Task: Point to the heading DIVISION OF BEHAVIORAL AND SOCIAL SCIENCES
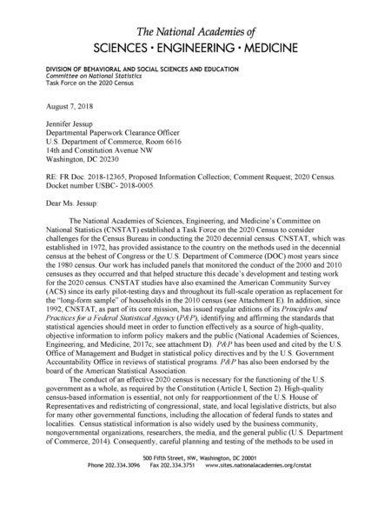(x=129, y=66)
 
